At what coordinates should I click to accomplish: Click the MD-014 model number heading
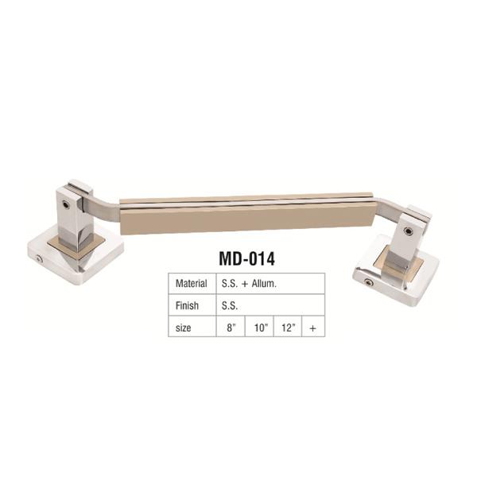click(246, 259)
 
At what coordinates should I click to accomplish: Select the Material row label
click(191, 284)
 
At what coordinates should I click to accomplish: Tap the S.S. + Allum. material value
click(249, 284)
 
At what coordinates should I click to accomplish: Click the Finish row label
click(187, 305)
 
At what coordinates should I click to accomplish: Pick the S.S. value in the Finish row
click(230, 305)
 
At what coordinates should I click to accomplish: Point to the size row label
click(183, 328)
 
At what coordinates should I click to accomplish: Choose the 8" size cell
click(231, 328)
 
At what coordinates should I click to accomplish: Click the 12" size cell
click(289, 328)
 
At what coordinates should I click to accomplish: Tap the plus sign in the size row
click(312, 328)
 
